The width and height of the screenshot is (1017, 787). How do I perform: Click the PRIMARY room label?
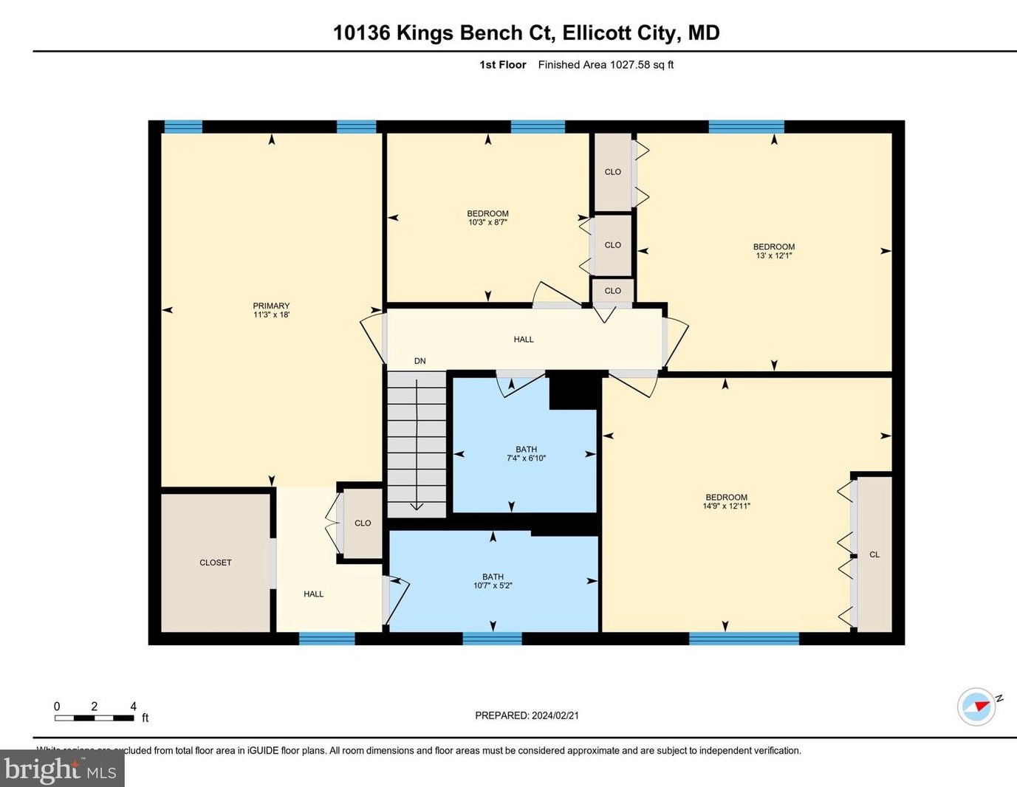[x=271, y=306]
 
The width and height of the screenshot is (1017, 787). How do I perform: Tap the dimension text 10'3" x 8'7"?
[x=487, y=222]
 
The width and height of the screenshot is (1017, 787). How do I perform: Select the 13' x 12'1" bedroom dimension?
[x=773, y=255]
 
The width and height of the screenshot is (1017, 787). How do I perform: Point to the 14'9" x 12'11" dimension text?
[x=726, y=506]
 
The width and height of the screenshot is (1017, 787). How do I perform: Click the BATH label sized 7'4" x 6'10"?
[x=526, y=450]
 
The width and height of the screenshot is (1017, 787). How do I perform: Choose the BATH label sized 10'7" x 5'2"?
[x=493, y=577]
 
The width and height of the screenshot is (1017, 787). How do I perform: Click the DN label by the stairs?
[x=420, y=361]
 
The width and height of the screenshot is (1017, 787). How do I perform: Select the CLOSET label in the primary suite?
[x=216, y=563]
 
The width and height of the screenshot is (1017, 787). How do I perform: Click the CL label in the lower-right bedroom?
[x=874, y=554]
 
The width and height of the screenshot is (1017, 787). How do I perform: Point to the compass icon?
[x=976, y=707]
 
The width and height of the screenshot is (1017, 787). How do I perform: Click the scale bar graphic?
[x=94, y=718]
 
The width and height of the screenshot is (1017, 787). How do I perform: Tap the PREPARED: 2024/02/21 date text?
[x=527, y=715]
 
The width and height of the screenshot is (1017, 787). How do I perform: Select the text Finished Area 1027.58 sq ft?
[x=606, y=65]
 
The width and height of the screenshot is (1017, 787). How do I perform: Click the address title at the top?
[x=526, y=32]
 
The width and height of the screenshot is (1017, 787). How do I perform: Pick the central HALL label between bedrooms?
[x=524, y=340]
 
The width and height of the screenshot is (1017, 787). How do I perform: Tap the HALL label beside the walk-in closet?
[x=313, y=594]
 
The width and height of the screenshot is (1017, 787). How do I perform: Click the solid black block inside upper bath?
[x=573, y=390]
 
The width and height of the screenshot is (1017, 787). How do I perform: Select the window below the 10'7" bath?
[x=492, y=639]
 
